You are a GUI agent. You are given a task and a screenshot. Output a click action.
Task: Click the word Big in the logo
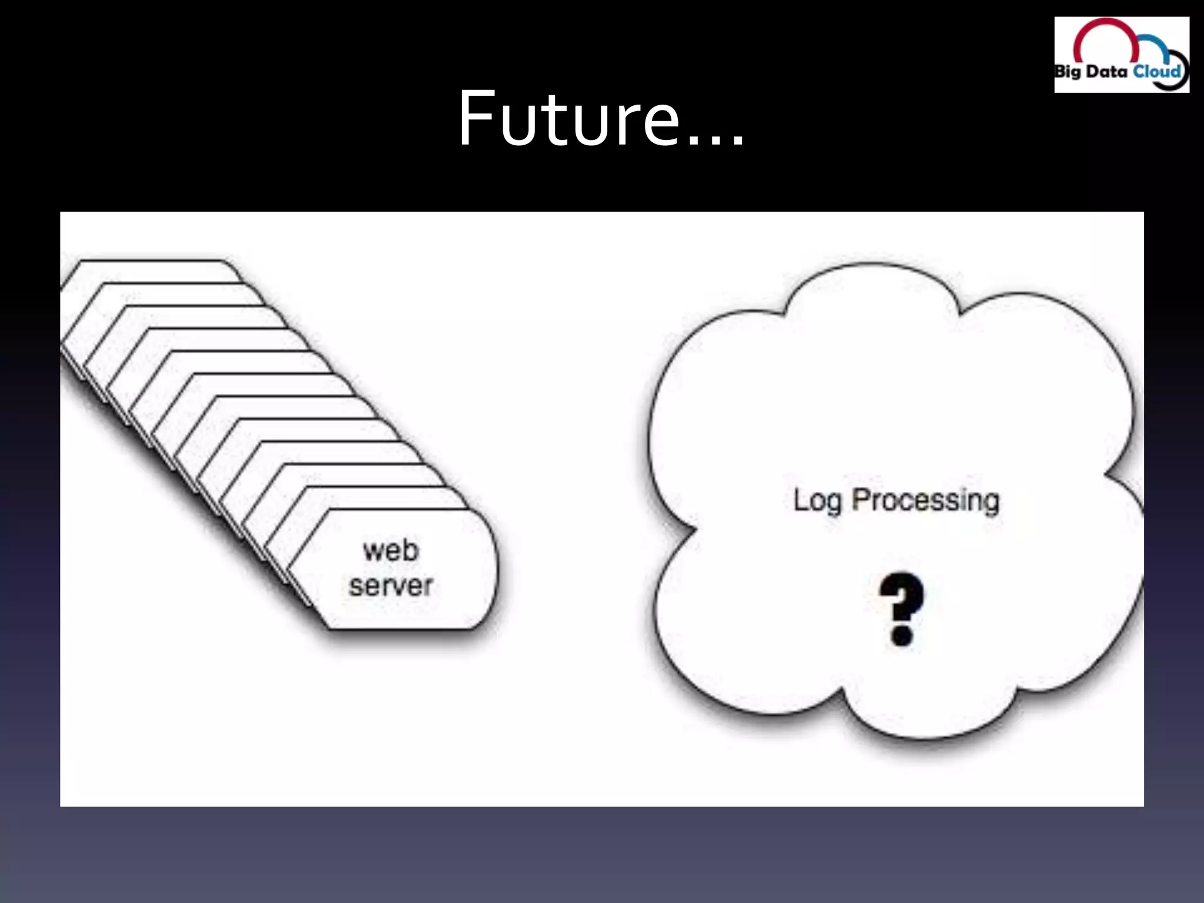(1067, 73)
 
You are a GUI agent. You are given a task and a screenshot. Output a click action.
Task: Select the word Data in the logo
(1106, 72)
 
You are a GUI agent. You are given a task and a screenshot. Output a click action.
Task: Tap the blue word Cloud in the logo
(1156, 72)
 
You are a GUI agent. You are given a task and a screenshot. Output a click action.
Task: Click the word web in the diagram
(391, 551)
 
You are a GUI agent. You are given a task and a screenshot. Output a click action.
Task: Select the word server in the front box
(391, 586)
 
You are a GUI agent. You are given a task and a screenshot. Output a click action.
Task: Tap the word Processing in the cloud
(926, 501)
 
